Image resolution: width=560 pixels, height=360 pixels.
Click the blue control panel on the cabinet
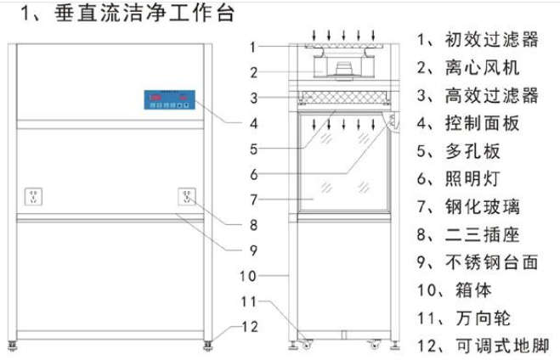click(170, 99)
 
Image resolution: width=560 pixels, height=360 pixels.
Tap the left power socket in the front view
click(34, 197)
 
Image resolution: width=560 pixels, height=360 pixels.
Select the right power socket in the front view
click(187, 196)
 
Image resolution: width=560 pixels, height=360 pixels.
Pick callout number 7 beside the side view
click(253, 200)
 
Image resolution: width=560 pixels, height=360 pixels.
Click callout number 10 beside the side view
click(248, 276)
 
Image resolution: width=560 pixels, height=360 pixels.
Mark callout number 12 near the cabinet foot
click(250, 327)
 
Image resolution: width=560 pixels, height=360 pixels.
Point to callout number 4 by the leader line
click(253, 123)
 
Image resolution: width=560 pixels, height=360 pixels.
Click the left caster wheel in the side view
click(307, 345)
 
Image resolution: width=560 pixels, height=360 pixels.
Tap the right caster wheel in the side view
click(375, 345)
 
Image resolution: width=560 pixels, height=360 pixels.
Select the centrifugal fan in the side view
click(343, 68)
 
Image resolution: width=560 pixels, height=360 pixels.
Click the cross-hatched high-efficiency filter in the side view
click(344, 97)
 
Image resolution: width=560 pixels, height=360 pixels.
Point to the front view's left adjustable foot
click(13, 346)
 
